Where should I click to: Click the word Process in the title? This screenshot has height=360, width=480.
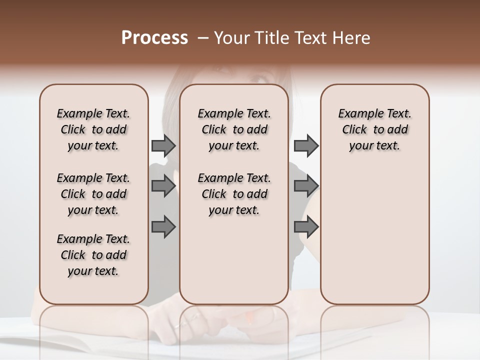[x=154, y=38]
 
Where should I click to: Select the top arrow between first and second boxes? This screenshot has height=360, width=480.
[x=163, y=145]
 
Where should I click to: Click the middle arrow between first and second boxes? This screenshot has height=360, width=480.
[x=163, y=186]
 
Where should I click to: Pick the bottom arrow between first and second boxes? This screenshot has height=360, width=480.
[x=163, y=227]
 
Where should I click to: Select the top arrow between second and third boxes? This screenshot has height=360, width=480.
[x=306, y=145]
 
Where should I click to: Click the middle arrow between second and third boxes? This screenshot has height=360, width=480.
[x=306, y=186]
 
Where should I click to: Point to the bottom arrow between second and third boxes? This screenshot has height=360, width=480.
[x=306, y=227]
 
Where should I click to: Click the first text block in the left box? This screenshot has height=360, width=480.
[x=93, y=129]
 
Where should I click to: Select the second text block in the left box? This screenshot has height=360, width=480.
[x=93, y=194]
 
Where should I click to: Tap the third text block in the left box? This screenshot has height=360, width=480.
[x=93, y=255]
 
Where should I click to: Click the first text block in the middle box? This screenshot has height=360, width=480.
[x=234, y=129]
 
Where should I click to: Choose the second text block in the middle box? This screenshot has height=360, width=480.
[x=234, y=194]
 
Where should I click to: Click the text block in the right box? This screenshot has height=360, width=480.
[x=374, y=129]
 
